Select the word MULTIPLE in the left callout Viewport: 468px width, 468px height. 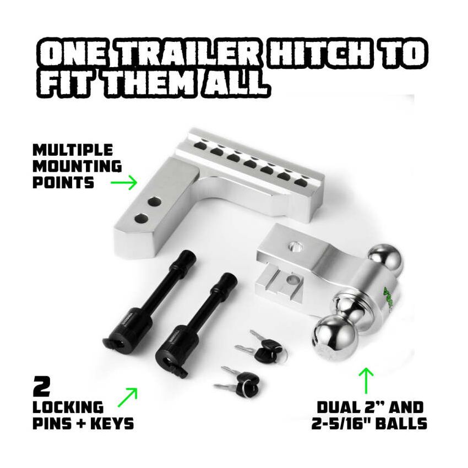pyautogui.click(x=72, y=150)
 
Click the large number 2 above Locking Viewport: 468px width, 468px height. pyautogui.click(x=42, y=387)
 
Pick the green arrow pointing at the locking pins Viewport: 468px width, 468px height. pyautogui.click(x=128, y=397)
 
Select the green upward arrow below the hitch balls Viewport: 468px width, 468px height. pyautogui.click(x=366, y=380)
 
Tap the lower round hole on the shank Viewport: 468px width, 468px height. pyautogui.click(x=142, y=219)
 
